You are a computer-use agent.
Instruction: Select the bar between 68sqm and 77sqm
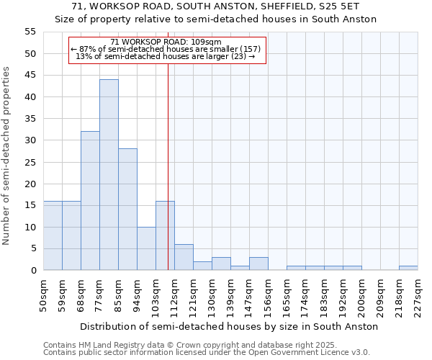(90, 201)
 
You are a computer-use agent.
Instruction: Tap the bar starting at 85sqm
(127, 210)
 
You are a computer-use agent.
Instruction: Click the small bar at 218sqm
(408, 268)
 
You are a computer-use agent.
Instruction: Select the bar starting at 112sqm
(184, 257)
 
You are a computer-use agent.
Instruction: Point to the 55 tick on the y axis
(30, 32)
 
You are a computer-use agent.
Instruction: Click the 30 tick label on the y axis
(30, 140)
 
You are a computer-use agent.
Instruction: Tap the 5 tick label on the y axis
(32, 248)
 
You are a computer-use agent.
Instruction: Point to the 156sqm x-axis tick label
(268, 296)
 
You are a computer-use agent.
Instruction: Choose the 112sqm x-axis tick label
(174, 296)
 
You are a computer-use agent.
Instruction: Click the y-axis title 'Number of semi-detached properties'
(6, 156)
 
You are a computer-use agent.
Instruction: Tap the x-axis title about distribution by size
(229, 326)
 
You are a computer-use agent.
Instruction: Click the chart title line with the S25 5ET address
(216, 6)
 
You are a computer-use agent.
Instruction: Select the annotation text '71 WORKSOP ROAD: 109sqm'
(166, 42)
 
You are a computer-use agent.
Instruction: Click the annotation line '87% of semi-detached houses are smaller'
(166, 49)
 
